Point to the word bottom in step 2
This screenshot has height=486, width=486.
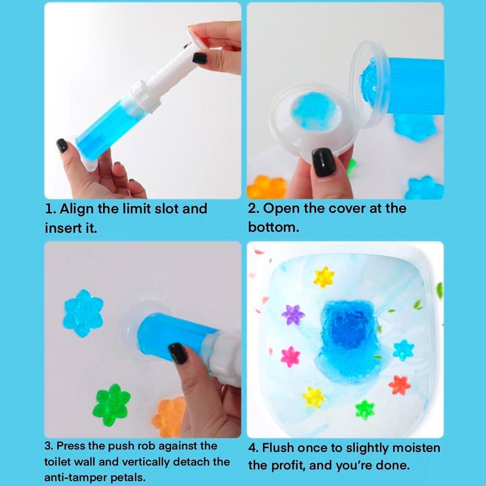click(274, 227)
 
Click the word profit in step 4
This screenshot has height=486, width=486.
click(286, 465)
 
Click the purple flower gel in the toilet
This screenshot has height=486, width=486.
click(293, 315)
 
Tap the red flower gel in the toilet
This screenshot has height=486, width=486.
click(399, 385)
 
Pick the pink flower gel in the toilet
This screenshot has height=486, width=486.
click(291, 357)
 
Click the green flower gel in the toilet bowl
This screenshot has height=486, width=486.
click(365, 410)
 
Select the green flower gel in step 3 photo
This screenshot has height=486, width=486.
click(112, 405)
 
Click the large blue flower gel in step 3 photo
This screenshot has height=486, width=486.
click(83, 313)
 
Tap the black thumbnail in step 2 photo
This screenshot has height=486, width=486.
click(323, 162)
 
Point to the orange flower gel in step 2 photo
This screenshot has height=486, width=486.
click(266, 187)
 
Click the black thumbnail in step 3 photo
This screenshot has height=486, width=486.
click(178, 353)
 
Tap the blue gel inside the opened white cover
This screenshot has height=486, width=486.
click(315, 111)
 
